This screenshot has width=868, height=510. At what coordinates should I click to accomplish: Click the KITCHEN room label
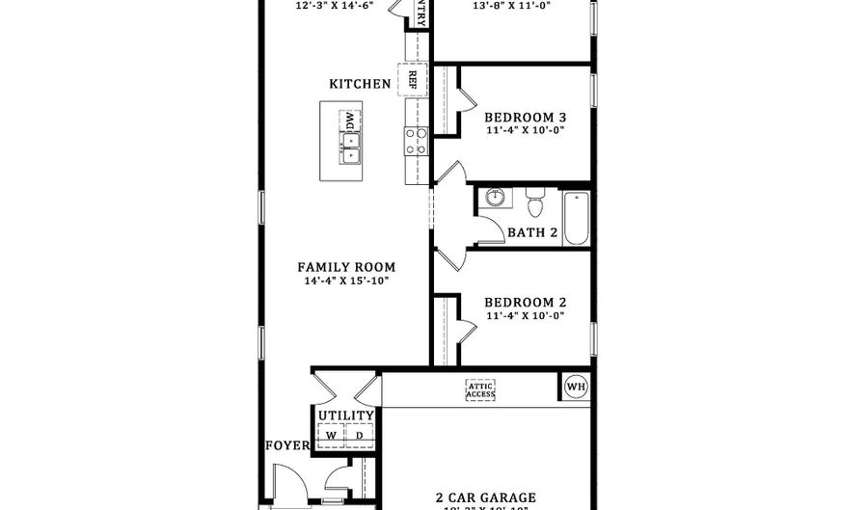click(361, 84)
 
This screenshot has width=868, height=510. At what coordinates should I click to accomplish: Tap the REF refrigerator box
click(413, 80)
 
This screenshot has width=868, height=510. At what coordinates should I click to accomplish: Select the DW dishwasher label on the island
click(348, 121)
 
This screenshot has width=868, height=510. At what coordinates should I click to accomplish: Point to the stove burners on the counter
click(417, 142)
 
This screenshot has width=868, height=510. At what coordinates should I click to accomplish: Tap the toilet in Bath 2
click(535, 202)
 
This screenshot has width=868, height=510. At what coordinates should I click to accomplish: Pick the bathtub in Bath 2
click(576, 218)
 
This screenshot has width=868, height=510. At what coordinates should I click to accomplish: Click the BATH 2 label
click(532, 232)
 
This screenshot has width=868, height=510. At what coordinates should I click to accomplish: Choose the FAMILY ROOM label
click(346, 267)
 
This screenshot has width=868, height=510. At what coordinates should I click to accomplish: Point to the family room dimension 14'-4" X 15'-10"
click(346, 282)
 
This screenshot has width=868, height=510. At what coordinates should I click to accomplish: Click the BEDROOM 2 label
click(525, 302)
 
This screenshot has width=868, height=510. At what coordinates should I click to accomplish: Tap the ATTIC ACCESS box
click(480, 389)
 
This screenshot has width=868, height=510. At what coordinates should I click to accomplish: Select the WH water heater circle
click(576, 388)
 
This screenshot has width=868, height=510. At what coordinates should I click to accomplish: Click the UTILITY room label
click(346, 416)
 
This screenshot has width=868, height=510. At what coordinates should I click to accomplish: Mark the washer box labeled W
click(332, 436)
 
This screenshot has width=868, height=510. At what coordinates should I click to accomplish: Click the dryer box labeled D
click(359, 436)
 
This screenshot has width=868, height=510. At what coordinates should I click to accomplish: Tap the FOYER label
click(287, 445)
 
